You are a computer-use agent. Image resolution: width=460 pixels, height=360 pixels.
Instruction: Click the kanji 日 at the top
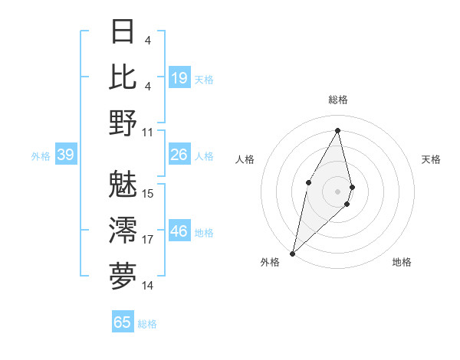point(123,33)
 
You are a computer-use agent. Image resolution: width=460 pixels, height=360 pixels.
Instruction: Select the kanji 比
point(123,77)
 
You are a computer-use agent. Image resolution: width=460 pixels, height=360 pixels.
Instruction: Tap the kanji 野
point(123,122)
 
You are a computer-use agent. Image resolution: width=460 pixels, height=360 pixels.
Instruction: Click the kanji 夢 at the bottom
point(123,275)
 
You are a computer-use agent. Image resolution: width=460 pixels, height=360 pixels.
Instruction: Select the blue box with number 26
point(179,155)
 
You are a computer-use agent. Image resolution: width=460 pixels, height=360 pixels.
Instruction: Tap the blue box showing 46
point(179,231)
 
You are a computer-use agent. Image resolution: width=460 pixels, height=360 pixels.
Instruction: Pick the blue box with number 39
point(65,155)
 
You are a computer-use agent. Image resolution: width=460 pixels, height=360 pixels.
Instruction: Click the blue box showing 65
point(123,322)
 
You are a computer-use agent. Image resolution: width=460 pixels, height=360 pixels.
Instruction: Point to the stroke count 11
point(148,132)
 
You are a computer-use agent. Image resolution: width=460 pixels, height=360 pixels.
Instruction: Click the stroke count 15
point(148,193)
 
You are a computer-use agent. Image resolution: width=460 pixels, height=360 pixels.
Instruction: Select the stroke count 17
point(148,240)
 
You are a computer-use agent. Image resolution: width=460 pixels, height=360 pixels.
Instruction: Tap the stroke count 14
point(148,286)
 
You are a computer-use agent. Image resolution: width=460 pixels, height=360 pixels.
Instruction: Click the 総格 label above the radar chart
point(337,100)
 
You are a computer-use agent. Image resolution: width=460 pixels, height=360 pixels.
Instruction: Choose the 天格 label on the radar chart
point(431,159)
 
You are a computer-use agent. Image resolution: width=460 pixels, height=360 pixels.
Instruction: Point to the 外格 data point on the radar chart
point(293,253)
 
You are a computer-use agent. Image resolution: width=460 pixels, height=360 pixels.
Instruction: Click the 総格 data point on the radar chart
point(337,130)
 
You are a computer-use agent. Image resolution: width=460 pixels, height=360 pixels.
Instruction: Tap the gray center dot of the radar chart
point(337,191)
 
